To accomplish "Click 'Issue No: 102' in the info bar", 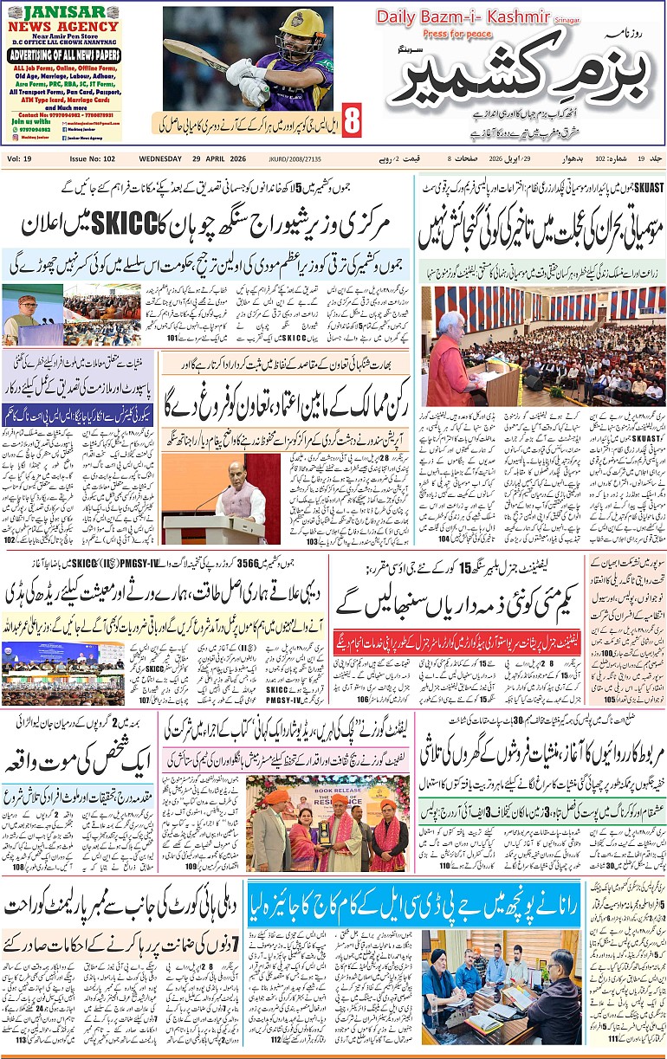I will (92, 159).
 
